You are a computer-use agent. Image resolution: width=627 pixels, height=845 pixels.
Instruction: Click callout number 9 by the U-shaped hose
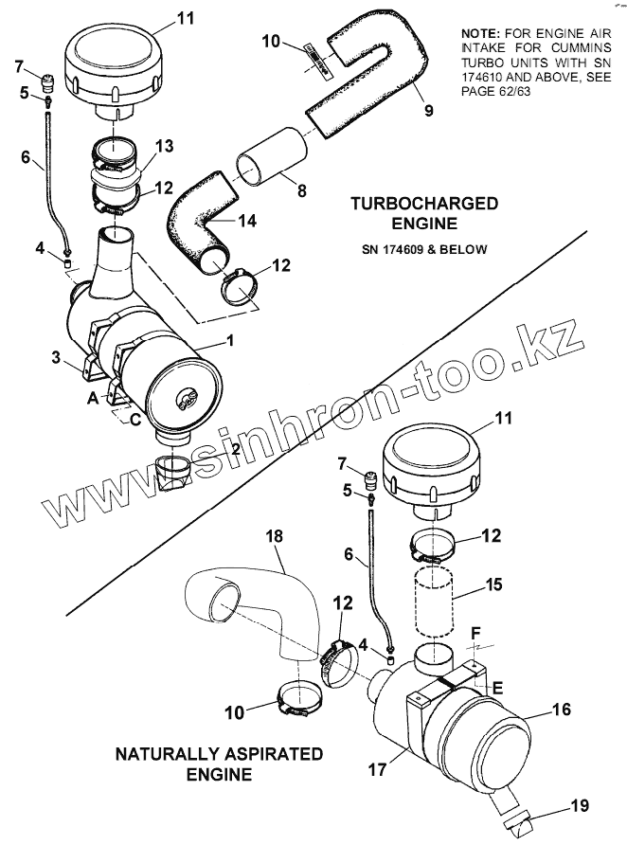(x=428, y=111)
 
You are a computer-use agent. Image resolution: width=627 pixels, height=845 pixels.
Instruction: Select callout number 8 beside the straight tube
(x=301, y=190)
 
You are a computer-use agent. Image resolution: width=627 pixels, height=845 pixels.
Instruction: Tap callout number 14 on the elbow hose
(x=247, y=221)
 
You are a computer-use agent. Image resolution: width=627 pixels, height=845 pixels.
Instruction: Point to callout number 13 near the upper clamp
(x=165, y=146)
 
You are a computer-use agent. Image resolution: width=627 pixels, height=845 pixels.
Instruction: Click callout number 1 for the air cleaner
(x=230, y=342)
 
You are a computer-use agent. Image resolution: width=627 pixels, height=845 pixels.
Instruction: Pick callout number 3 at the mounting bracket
(x=56, y=358)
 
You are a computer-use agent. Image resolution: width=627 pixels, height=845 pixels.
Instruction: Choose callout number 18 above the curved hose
(x=274, y=537)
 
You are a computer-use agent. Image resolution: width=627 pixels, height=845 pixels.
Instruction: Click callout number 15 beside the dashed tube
(x=493, y=584)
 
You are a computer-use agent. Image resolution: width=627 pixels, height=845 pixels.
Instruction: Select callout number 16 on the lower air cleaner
(x=561, y=710)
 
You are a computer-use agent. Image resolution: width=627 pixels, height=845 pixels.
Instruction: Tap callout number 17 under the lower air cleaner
(x=378, y=769)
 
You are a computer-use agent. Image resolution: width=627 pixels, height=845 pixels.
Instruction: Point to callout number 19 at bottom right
(x=580, y=805)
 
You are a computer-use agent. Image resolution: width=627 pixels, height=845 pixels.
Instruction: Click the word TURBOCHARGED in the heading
(x=424, y=204)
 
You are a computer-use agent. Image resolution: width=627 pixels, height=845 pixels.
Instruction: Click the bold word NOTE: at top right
(x=481, y=33)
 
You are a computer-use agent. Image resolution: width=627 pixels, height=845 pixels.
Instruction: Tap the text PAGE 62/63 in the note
(x=495, y=91)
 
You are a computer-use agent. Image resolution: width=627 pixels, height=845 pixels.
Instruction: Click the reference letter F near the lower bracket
(x=475, y=632)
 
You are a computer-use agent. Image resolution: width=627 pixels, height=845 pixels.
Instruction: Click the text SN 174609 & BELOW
(x=424, y=249)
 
